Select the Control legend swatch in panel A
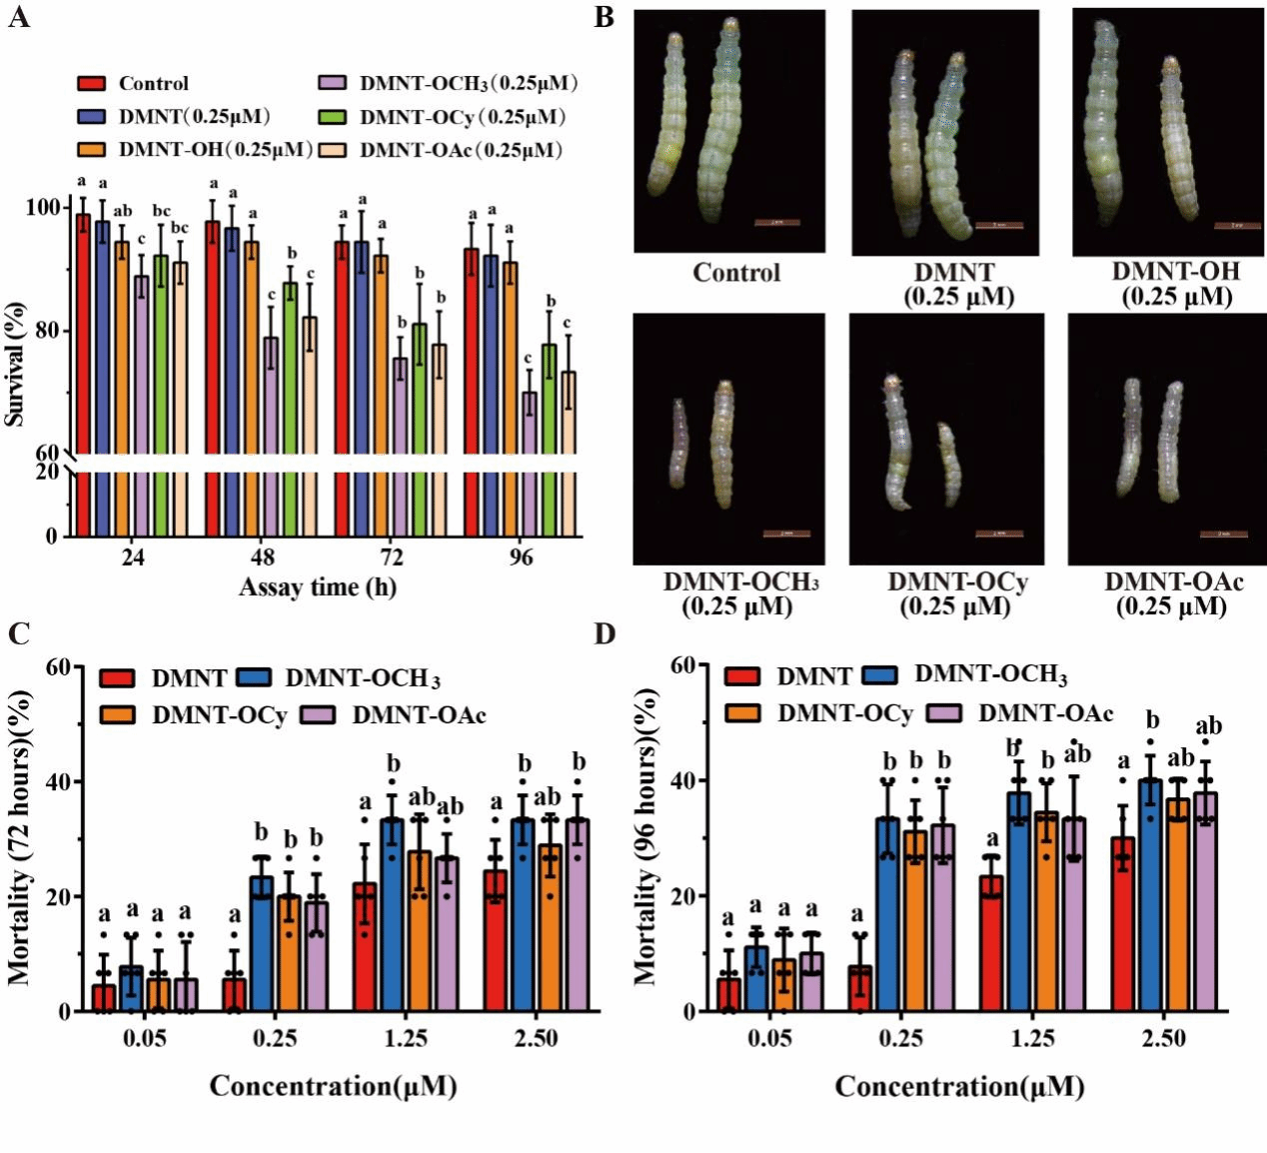click(92, 84)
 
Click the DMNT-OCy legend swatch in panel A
click(333, 117)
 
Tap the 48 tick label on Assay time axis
click(262, 557)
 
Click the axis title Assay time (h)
click(318, 587)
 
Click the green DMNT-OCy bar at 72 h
click(420, 430)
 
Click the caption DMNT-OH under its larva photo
click(1176, 272)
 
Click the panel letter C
click(18, 633)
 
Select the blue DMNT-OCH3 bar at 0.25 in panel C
click(262, 944)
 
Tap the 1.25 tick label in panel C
click(406, 1039)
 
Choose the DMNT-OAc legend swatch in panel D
click(945, 713)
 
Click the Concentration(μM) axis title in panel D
click(959, 1087)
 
